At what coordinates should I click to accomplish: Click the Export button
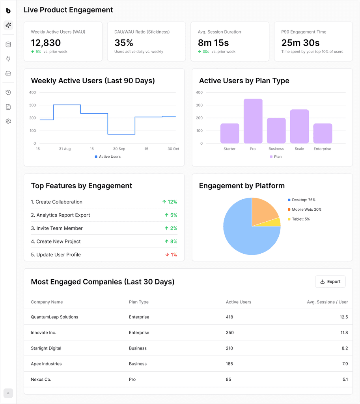coord(330,282)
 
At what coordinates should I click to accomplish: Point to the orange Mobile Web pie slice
coord(264,211)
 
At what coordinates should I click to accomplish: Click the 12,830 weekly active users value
coord(46,43)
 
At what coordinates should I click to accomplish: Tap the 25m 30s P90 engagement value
coord(300,43)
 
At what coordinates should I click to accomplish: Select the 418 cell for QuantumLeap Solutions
coord(229,317)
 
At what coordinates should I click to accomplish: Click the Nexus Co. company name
coord(41,380)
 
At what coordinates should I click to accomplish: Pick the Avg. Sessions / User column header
coord(327,302)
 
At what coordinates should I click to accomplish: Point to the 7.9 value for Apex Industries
coord(345,364)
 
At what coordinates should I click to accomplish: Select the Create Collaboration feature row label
coord(57,202)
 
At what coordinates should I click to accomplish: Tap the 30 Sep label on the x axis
coord(119,149)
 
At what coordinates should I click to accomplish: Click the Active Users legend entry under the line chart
coord(108,157)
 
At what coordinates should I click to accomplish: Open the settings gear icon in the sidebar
coord(8,122)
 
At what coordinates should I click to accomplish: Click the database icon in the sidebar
coord(8,45)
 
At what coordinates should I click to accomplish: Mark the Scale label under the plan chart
coord(299,149)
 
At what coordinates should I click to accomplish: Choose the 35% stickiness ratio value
coord(124,43)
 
